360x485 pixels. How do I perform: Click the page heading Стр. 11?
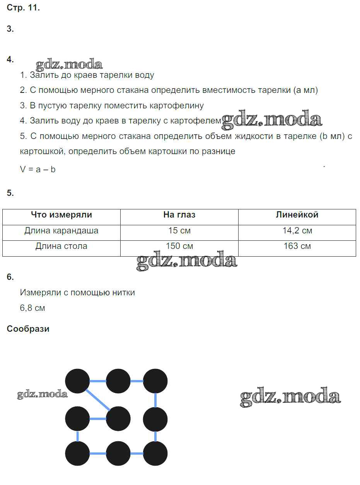coord(23,8)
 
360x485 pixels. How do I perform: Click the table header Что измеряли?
coord(61,215)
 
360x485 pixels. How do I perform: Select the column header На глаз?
coord(179,215)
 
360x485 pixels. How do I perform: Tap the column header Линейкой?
coord(297,215)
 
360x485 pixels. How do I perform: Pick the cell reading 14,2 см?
coord(297,231)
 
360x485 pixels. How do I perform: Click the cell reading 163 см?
coord(297,246)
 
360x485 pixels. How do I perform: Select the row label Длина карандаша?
coord(61,231)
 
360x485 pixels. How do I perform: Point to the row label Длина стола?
coord(61,246)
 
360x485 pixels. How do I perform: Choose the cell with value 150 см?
coord(179,246)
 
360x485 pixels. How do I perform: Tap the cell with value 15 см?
coord(179,231)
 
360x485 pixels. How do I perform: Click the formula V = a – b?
coord(38,169)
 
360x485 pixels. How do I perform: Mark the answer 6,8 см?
coord(32,308)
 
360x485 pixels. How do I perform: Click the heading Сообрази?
coord(28,329)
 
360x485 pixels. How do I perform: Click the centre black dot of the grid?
coord(118,419)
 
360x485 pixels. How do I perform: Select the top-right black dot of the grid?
coord(155,381)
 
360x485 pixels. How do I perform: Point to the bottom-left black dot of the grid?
coord(77,453)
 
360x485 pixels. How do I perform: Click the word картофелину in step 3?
coord(180,105)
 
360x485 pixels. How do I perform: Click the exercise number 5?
coord(10,193)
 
